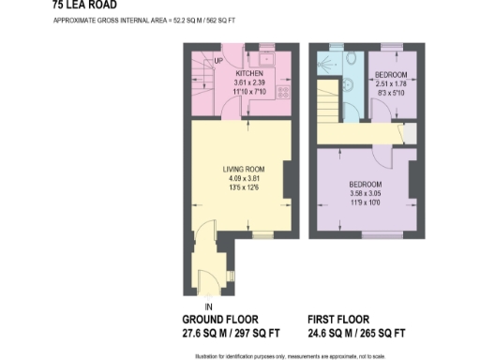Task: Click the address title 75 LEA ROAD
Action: point(85,4)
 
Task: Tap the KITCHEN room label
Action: point(248,72)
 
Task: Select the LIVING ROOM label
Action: point(238,170)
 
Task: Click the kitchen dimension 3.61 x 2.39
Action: point(248,82)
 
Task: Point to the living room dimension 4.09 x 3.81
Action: point(238,179)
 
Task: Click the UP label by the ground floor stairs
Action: point(217,62)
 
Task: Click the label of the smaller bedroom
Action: point(390,74)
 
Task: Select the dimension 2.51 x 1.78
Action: point(390,83)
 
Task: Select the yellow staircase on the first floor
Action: point(326,103)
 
